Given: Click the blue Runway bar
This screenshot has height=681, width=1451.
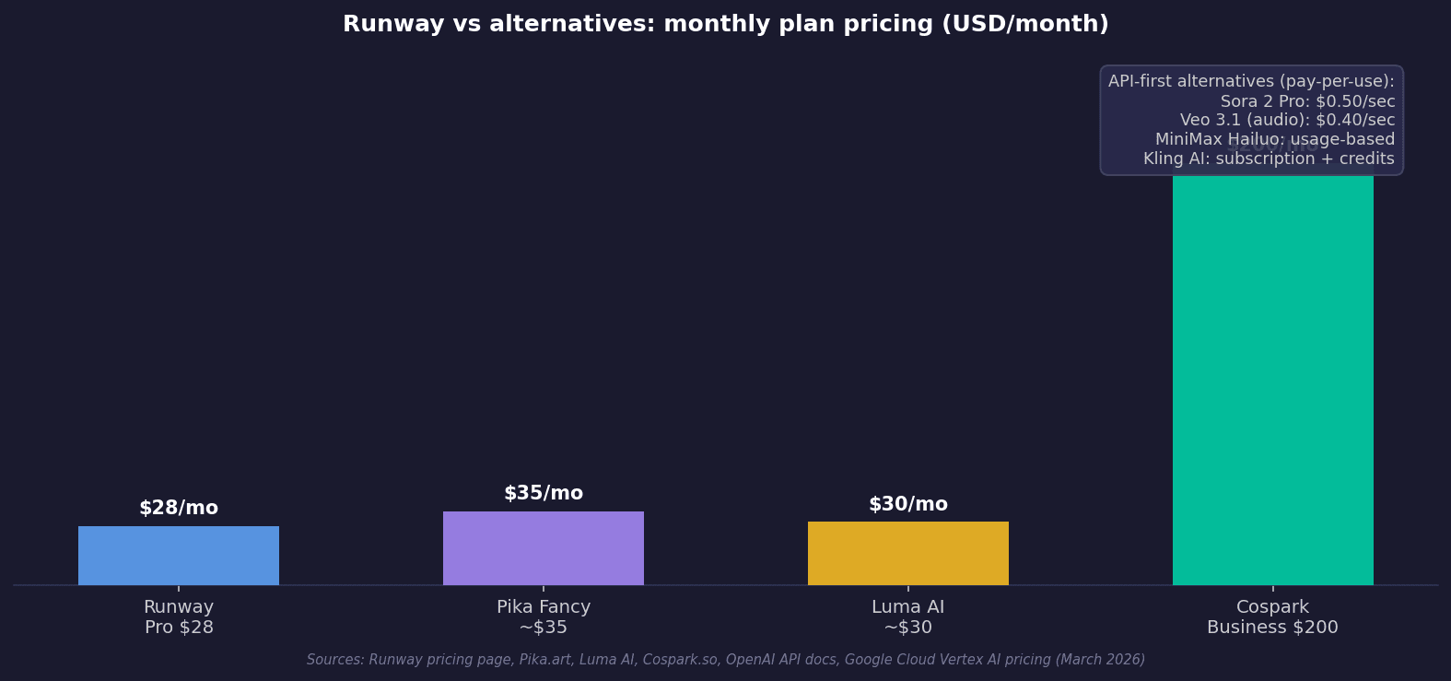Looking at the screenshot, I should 179,556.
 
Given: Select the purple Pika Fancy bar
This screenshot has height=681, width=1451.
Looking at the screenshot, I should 544,548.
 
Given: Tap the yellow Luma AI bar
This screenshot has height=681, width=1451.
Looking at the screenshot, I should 908,553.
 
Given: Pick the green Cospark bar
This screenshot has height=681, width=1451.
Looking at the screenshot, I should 1273,378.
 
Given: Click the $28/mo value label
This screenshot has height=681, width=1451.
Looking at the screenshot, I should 179,509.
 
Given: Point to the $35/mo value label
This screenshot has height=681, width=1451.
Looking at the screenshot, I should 544,494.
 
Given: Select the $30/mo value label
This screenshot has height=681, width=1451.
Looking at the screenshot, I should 908,505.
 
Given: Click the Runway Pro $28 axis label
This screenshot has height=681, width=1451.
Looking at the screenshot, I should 179,617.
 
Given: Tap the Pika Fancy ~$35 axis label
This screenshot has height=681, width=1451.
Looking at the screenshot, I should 544,617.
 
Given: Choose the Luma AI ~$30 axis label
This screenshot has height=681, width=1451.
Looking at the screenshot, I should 908,617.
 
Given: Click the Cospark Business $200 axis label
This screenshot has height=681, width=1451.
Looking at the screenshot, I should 1273,617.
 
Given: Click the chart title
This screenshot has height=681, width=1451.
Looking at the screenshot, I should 726,25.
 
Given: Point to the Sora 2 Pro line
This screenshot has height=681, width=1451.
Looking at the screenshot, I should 1307,101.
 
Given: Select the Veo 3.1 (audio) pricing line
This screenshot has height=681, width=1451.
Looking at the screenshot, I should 1287,121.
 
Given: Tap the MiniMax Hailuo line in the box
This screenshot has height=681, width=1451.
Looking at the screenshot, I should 1275,140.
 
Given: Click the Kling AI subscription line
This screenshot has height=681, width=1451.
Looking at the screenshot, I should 1269,159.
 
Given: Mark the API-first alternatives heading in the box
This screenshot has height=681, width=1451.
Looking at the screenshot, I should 1251,82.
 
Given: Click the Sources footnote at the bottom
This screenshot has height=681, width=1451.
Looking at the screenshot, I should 726,660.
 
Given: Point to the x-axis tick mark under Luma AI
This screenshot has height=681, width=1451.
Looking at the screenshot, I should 908,588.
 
